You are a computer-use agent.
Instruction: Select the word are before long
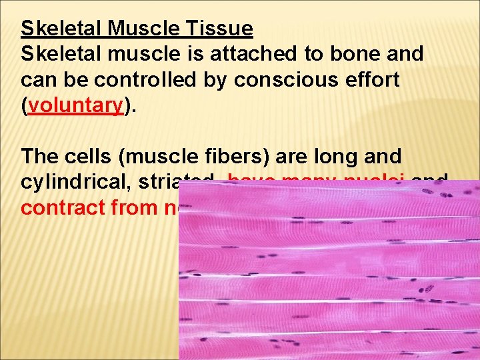point(284,157)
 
